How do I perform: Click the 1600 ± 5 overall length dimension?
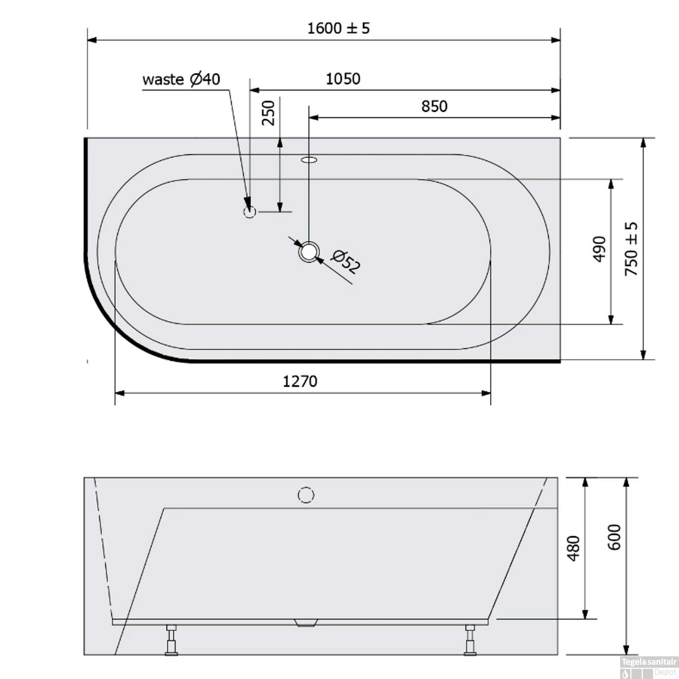pyautogui.click(x=339, y=29)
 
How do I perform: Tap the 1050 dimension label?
pyautogui.click(x=343, y=79)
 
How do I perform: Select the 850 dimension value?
pyautogui.click(x=434, y=106)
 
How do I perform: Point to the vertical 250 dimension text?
pyautogui.click(x=268, y=113)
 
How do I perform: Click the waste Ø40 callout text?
pyautogui.click(x=181, y=79)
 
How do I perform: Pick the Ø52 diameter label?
pyautogui.click(x=346, y=262)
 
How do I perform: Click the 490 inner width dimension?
pyautogui.click(x=599, y=249)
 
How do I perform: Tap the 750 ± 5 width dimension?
pyautogui.click(x=631, y=249)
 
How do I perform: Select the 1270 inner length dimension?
pyautogui.click(x=300, y=382)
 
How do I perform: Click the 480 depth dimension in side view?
pyautogui.click(x=574, y=548)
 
